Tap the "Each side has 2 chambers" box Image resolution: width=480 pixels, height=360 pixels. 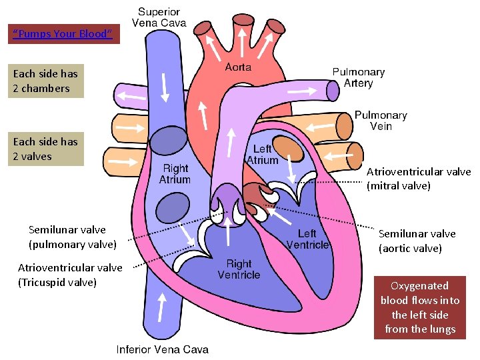tap(46, 81)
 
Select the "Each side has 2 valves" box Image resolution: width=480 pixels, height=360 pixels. tap(46, 149)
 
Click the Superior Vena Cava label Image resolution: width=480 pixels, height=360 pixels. tap(159, 17)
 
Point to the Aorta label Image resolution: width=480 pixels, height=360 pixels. tap(238, 67)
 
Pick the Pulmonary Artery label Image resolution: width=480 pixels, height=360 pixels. tap(359, 77)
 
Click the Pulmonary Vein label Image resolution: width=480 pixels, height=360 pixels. tap(381, 121)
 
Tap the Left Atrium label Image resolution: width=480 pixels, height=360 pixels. tap(263, 155)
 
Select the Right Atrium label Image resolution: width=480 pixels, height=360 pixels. tap(175, 174)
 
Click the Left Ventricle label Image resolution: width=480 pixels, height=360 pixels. tap(307, 239)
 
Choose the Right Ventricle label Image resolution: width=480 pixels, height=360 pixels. tap(239, 269)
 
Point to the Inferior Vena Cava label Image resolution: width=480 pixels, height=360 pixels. tap(163, 349)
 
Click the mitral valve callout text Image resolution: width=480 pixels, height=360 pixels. tap(419, 179)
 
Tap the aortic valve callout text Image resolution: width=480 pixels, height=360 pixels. tap(417, 241)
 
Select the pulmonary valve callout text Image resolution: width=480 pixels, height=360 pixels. tap(73, 237)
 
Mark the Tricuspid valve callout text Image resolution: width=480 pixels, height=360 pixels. tap(70, 275)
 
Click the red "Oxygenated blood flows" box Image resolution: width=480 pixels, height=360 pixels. tap(420, 307)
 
